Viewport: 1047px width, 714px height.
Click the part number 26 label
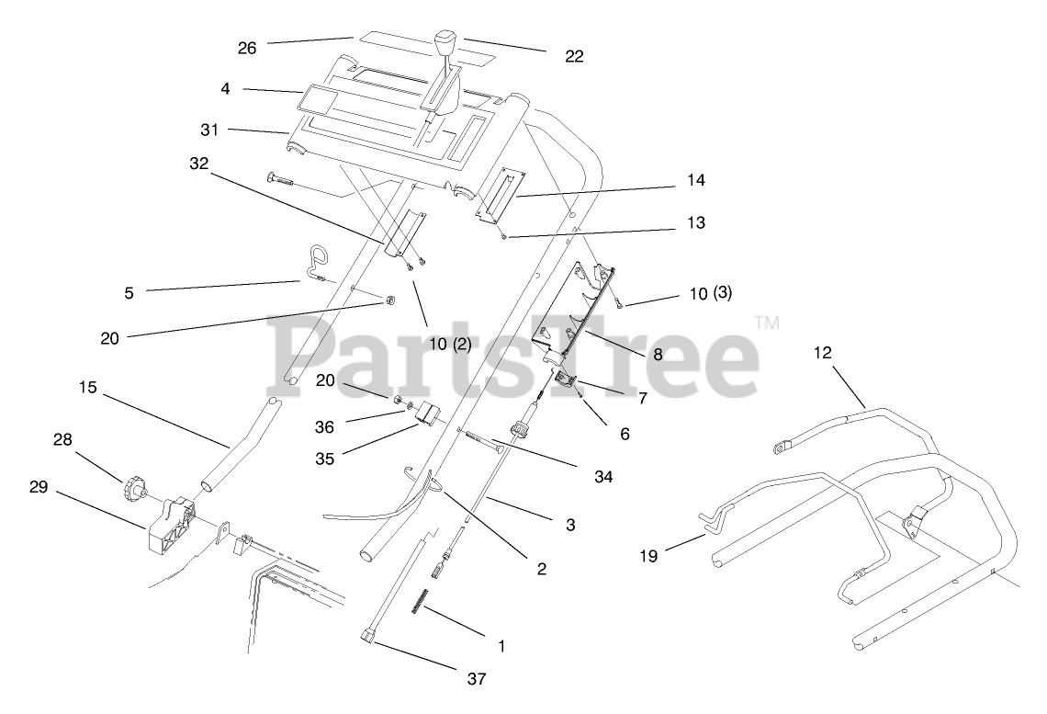pos(247,48)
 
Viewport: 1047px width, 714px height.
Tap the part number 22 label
pos(574,56)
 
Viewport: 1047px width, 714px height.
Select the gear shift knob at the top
pos(446,46)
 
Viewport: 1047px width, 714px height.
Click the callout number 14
pos(696,181)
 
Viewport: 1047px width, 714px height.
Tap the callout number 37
pos(475,680)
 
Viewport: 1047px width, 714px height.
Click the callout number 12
pos(822,352)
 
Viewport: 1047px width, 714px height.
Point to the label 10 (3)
pos(710,294)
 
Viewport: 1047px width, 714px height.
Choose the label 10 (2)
pos(450,344)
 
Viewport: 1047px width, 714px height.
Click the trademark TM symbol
pos(767,323)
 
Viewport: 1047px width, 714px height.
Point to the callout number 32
pos(199,164)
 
